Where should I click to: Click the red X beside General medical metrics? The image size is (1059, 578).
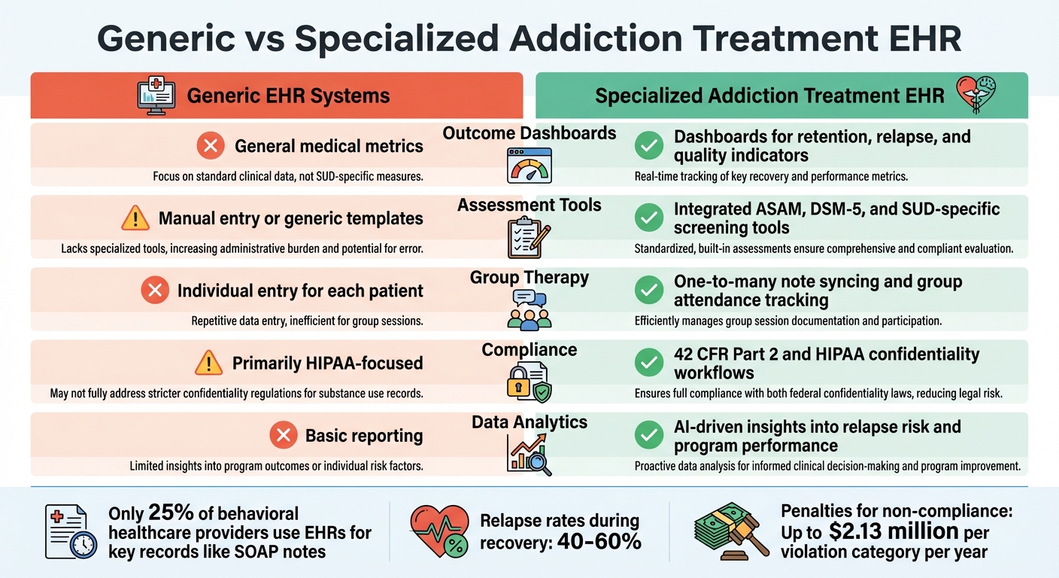coord(211,146)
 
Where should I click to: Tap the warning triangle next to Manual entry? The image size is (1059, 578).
coord(135,218)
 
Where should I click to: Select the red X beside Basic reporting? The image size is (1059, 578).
coord(284,435)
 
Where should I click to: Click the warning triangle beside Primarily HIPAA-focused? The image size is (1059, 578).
coord(208,364)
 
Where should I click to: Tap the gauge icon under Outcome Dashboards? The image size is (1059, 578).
coord(529,165)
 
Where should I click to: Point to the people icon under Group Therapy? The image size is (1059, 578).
coord(529,309)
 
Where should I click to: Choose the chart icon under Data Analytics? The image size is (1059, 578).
coord(529,454)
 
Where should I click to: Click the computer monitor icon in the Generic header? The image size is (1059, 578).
coord(157,96)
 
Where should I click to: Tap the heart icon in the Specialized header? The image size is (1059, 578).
coord(976,95)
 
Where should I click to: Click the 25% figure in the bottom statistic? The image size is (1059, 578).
coord(171,513)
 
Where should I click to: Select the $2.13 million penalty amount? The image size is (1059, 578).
coord(894,531)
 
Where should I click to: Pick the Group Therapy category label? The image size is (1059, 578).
coord(529,277)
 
